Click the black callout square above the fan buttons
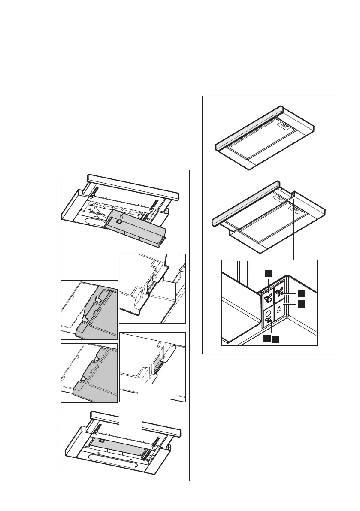point(268,273)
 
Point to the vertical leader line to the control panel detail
point(293,232)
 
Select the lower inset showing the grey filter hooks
point(89,372)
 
